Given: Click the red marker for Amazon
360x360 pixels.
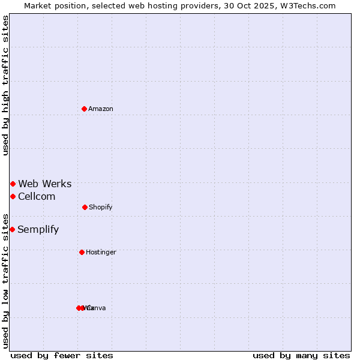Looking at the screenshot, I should tap(85, 109).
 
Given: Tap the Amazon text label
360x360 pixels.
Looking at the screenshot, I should tap(101, 109).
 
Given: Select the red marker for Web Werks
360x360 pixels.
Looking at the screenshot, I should tap(13, 184).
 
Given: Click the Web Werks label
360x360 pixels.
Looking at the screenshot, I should tap(45, 184).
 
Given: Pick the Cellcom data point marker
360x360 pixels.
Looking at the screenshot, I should tap(13, 196).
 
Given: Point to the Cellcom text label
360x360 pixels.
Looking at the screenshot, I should tap(37, 196).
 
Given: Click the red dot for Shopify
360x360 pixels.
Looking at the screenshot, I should tap(85, 207).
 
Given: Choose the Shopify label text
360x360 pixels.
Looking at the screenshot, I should tap(101, 207).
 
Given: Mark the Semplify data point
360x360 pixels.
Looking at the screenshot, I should tap(12, 229).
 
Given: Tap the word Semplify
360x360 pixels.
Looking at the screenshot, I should tap(38, 229).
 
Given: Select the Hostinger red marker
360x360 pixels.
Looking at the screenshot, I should tap(82, 252).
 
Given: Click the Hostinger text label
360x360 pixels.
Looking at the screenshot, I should tap(101, 252).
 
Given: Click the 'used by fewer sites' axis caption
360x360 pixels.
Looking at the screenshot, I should tap(62, 355).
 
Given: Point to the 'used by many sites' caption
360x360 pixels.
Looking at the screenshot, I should tap(301, 355).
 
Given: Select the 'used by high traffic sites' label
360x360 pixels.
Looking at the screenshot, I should tap(5, 85).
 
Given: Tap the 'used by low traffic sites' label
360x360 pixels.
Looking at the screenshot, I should tap(5, 280).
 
